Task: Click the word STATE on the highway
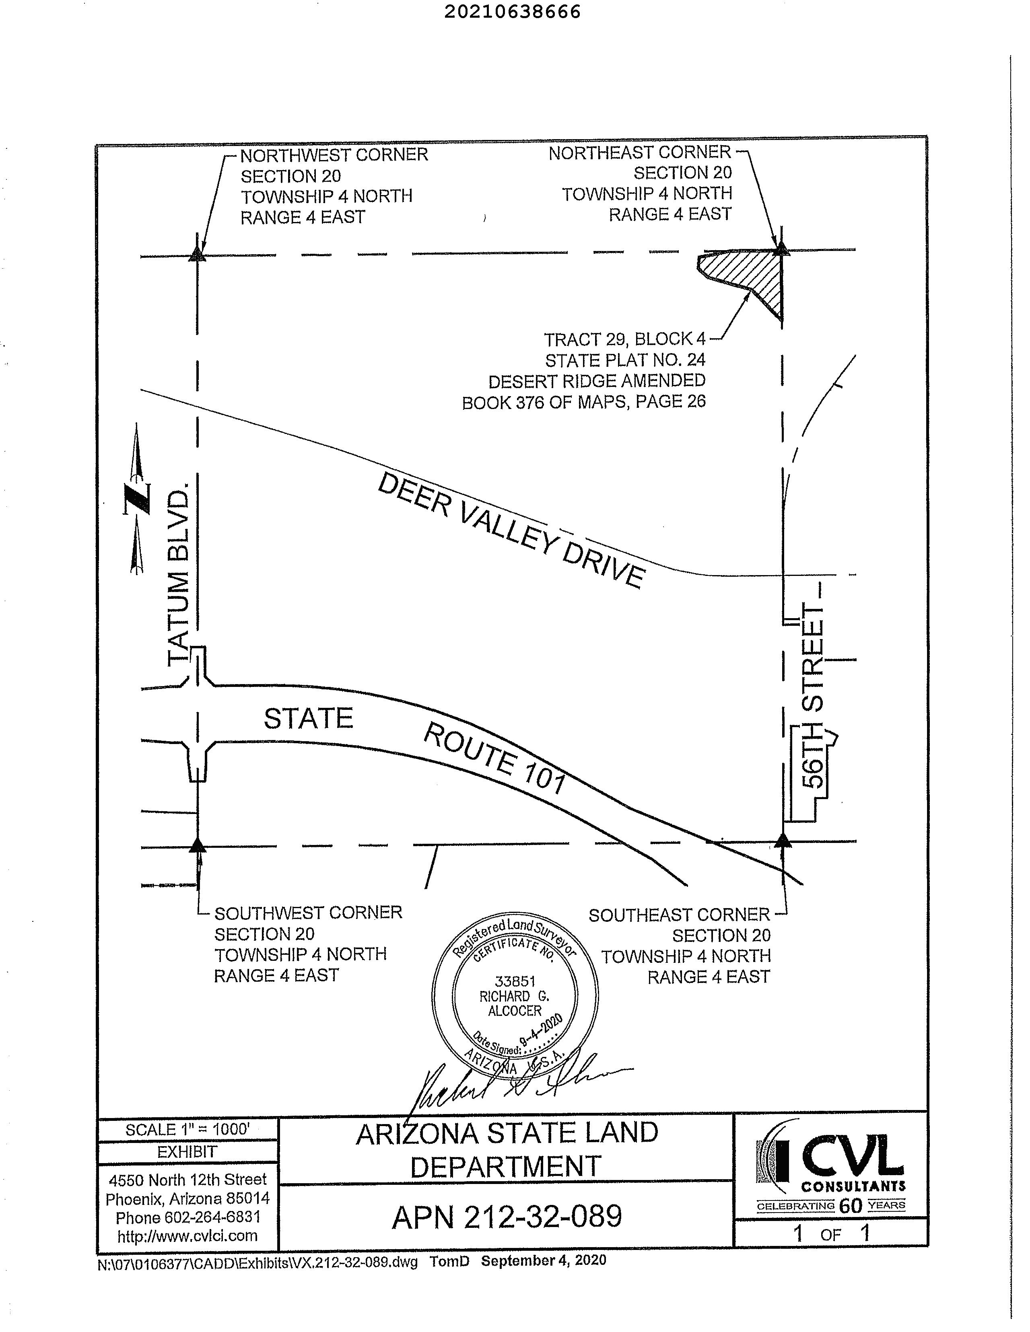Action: pyautogui.click(x=308, y=718)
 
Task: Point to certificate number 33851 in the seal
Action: pyautogui.click(x=514, y=981)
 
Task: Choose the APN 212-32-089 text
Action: pyautogui.click(x=507, y=1217)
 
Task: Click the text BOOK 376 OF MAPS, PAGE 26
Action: pyautogui.click(x=583, y=402)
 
